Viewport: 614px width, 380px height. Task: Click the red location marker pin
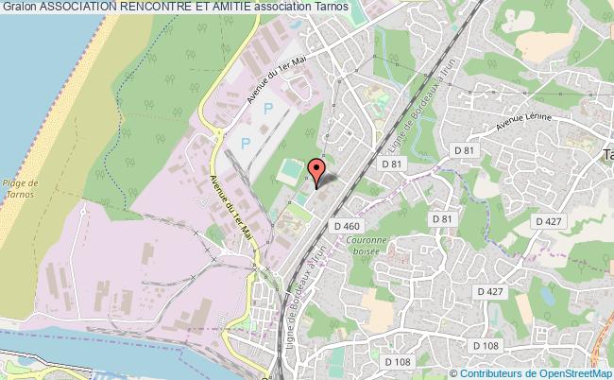(317, 173)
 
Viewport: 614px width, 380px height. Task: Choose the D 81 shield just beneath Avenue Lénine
(463, 150)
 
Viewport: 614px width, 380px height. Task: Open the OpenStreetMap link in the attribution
(572, 372)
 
